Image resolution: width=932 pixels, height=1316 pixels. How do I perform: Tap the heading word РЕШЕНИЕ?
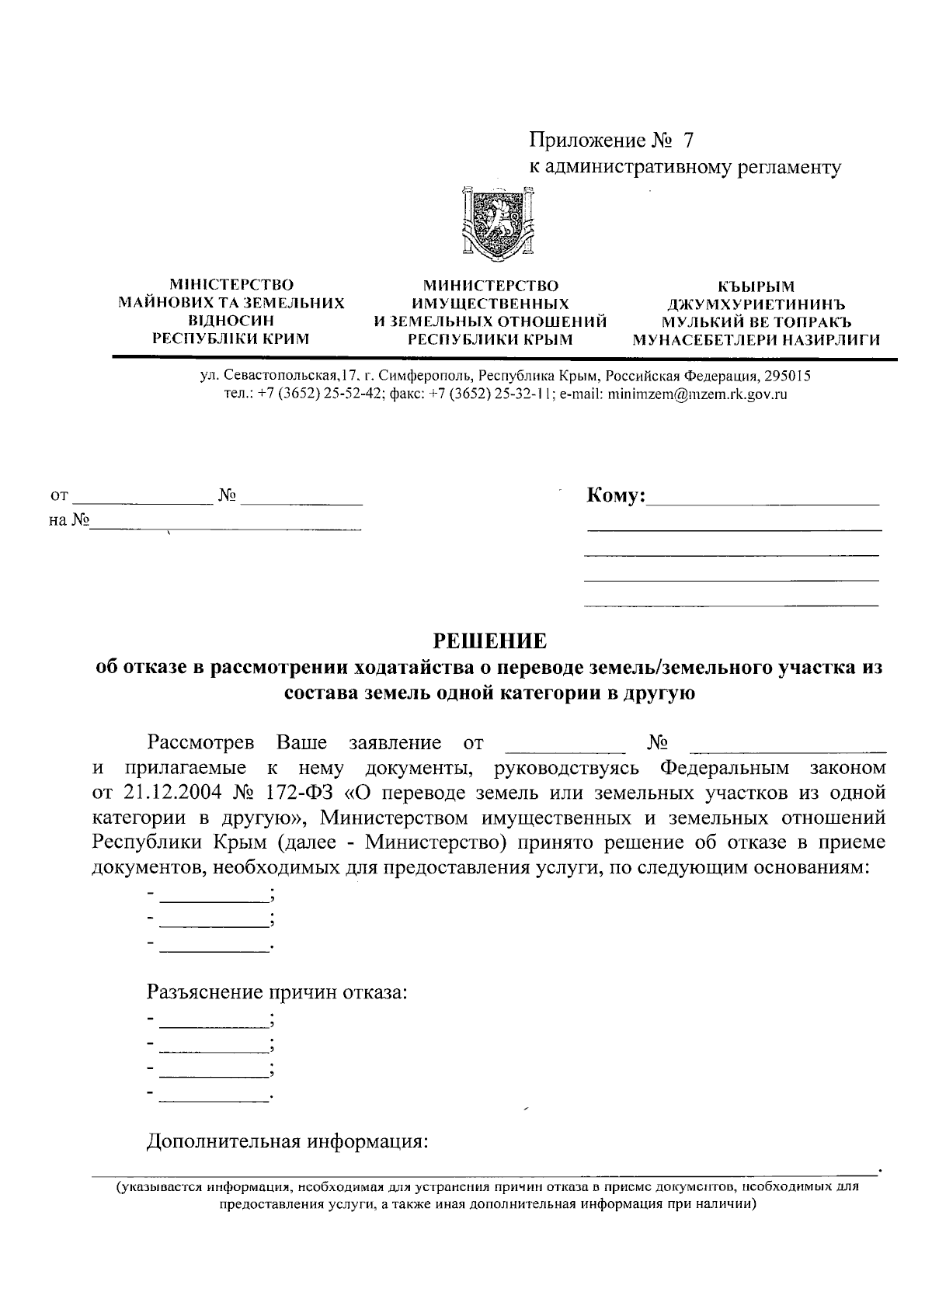tap(489, 641)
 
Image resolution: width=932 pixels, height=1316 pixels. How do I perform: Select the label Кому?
tap(616, 495)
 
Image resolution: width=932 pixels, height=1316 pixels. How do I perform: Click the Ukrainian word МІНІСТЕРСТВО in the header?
tap(231, 286)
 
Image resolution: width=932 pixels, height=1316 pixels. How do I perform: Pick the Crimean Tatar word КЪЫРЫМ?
tap(756, 286)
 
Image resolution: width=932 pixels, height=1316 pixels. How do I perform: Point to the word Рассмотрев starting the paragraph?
tap(200, 743)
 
